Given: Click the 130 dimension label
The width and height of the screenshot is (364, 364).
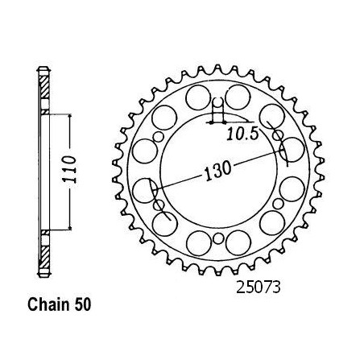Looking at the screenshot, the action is pyautogui.click(x=217, y=171).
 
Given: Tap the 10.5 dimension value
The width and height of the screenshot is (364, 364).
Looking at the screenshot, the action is pyautogui.click(x=242, y=134).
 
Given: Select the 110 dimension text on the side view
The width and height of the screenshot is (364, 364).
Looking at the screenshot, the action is pyautogui.click(x=69, y=169).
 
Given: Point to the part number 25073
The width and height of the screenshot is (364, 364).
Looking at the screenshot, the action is pyautogui.click(x=258, y=287).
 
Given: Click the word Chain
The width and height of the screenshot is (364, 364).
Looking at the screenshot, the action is pyautogui.click(x=48, y=304).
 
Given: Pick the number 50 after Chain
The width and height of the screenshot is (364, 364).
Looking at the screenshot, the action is pyautogui.click(x=83, y=304).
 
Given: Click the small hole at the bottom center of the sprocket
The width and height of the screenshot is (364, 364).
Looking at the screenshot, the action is pyautogui.click(x=219, y=238).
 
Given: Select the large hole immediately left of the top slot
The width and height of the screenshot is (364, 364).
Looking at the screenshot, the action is pyautogui.click(x=198, y=97).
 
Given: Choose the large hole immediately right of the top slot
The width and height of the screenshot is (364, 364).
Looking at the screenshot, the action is pyautogui.click(x=238, y=97).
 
